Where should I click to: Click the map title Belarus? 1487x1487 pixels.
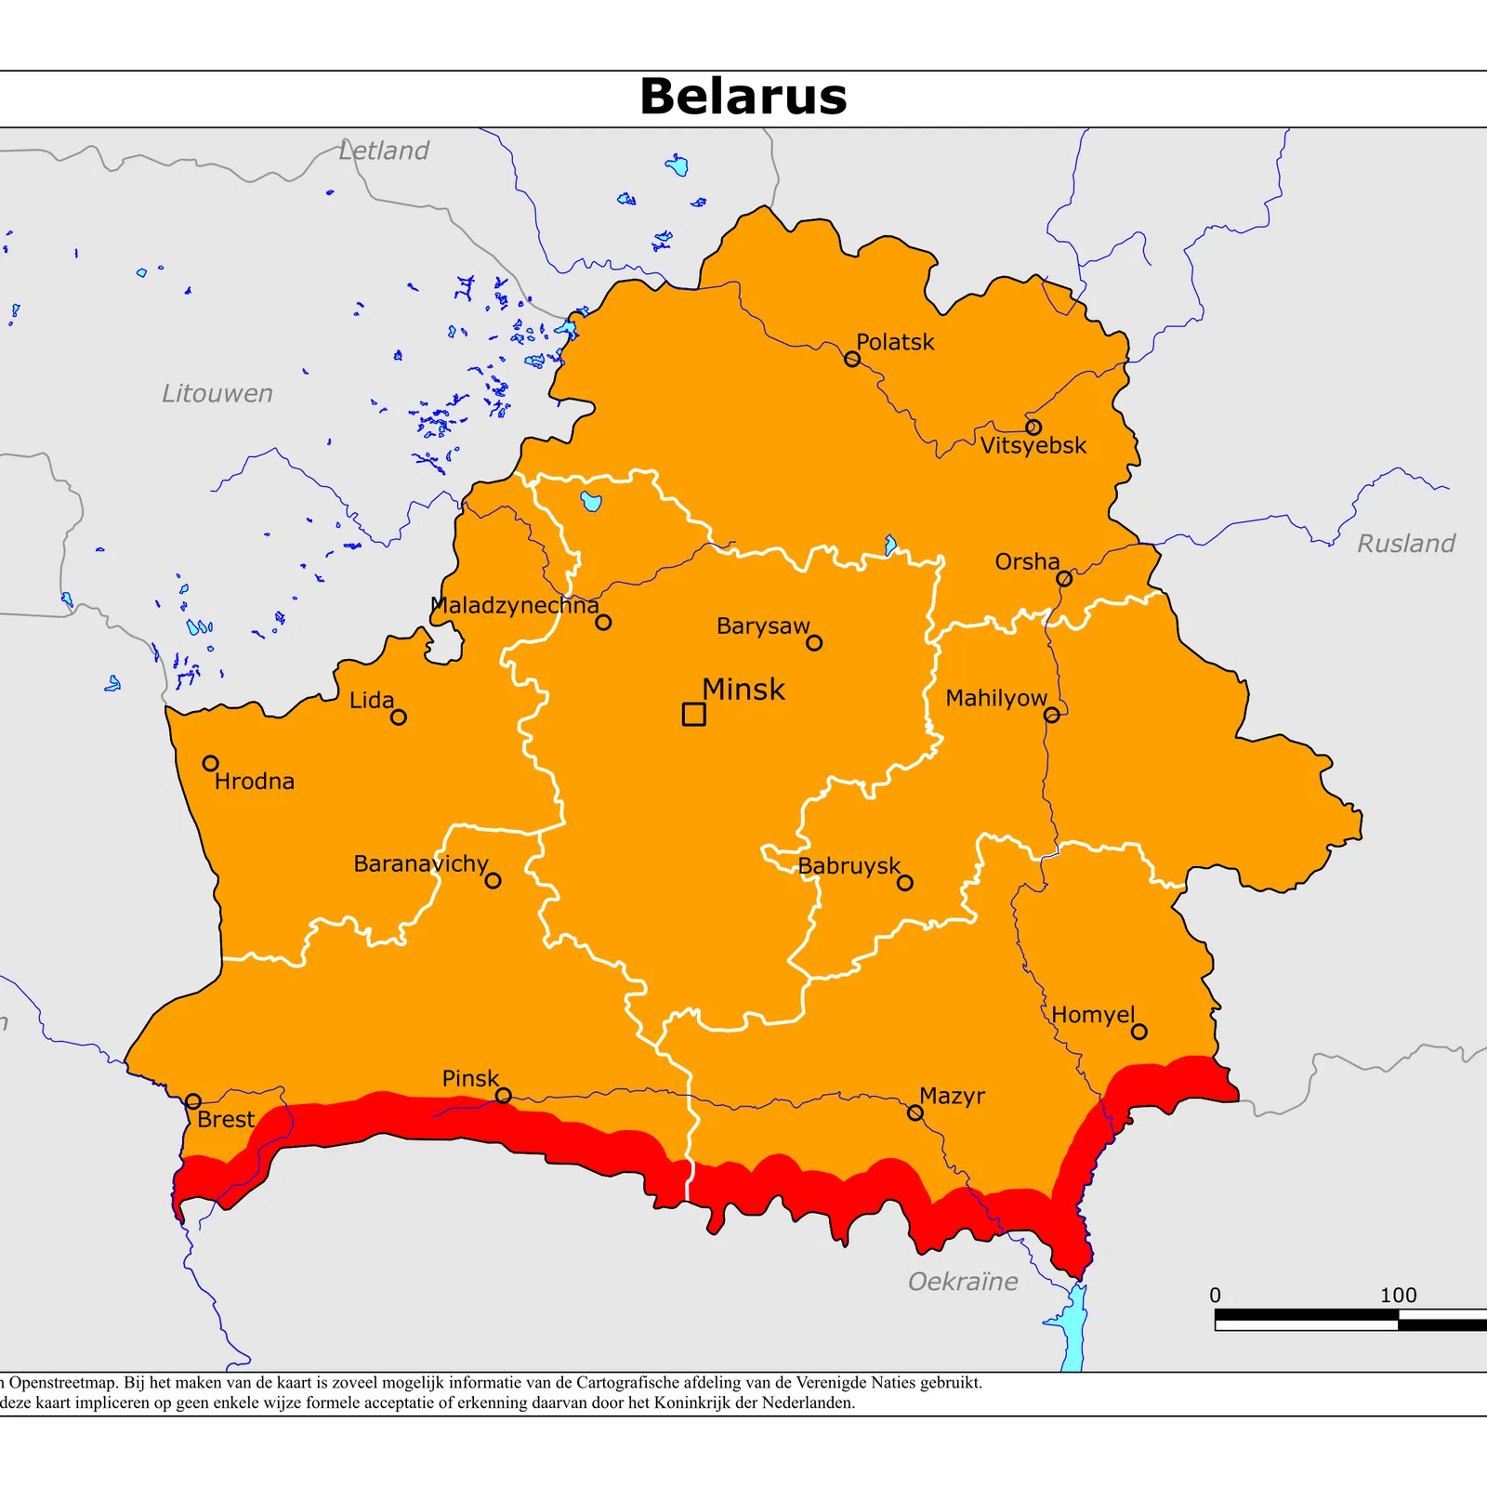(x=743, y=97)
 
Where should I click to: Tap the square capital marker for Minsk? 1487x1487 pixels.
(x=693, y=714)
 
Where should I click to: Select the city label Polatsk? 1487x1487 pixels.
(x=894, y=342)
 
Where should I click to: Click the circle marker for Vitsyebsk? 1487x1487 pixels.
(x=1033, y=428)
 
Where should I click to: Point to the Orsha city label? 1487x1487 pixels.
(x=1026, y=561)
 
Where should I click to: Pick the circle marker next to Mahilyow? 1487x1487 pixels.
(x=1051, y=715)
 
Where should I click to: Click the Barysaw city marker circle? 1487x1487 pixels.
(x=814, y=642)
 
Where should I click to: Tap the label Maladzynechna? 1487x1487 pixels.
(x=515, y=605)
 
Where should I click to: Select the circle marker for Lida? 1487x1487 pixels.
(x=398, y=717)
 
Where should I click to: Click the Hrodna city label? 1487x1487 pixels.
(x=254, y=781)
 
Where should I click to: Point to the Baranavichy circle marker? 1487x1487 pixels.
(x=493, y=880)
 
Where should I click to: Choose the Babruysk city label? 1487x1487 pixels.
(x=849, y=865)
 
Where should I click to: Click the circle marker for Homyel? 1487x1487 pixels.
(x=1138, y=1032)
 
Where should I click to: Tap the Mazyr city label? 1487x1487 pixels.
(x=952, y=1096)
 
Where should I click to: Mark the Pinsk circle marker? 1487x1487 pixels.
(x=503, y=1096)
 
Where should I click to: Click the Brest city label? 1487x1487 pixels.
(x=226, y=1119)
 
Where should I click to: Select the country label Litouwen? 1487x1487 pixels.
(x=217, y=393)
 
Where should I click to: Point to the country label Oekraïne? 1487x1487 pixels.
(x=963, y=1282)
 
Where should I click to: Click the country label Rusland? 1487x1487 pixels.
(x=1405, y=544)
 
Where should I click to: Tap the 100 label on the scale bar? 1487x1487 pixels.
(x=1397, y=1295)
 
